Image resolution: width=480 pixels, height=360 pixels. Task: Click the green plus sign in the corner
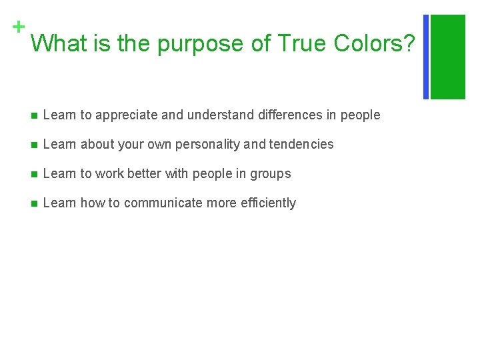coord(19,27)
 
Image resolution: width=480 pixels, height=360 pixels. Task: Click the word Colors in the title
coord(374,44)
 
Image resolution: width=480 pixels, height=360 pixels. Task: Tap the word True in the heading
coord(302,44)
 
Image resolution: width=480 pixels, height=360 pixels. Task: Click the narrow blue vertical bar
coord(427,57)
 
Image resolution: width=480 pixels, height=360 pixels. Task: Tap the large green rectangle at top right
coord(448,57)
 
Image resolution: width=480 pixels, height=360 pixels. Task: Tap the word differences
coord(289,115)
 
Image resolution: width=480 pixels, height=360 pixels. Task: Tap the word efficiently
coord(271,203)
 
